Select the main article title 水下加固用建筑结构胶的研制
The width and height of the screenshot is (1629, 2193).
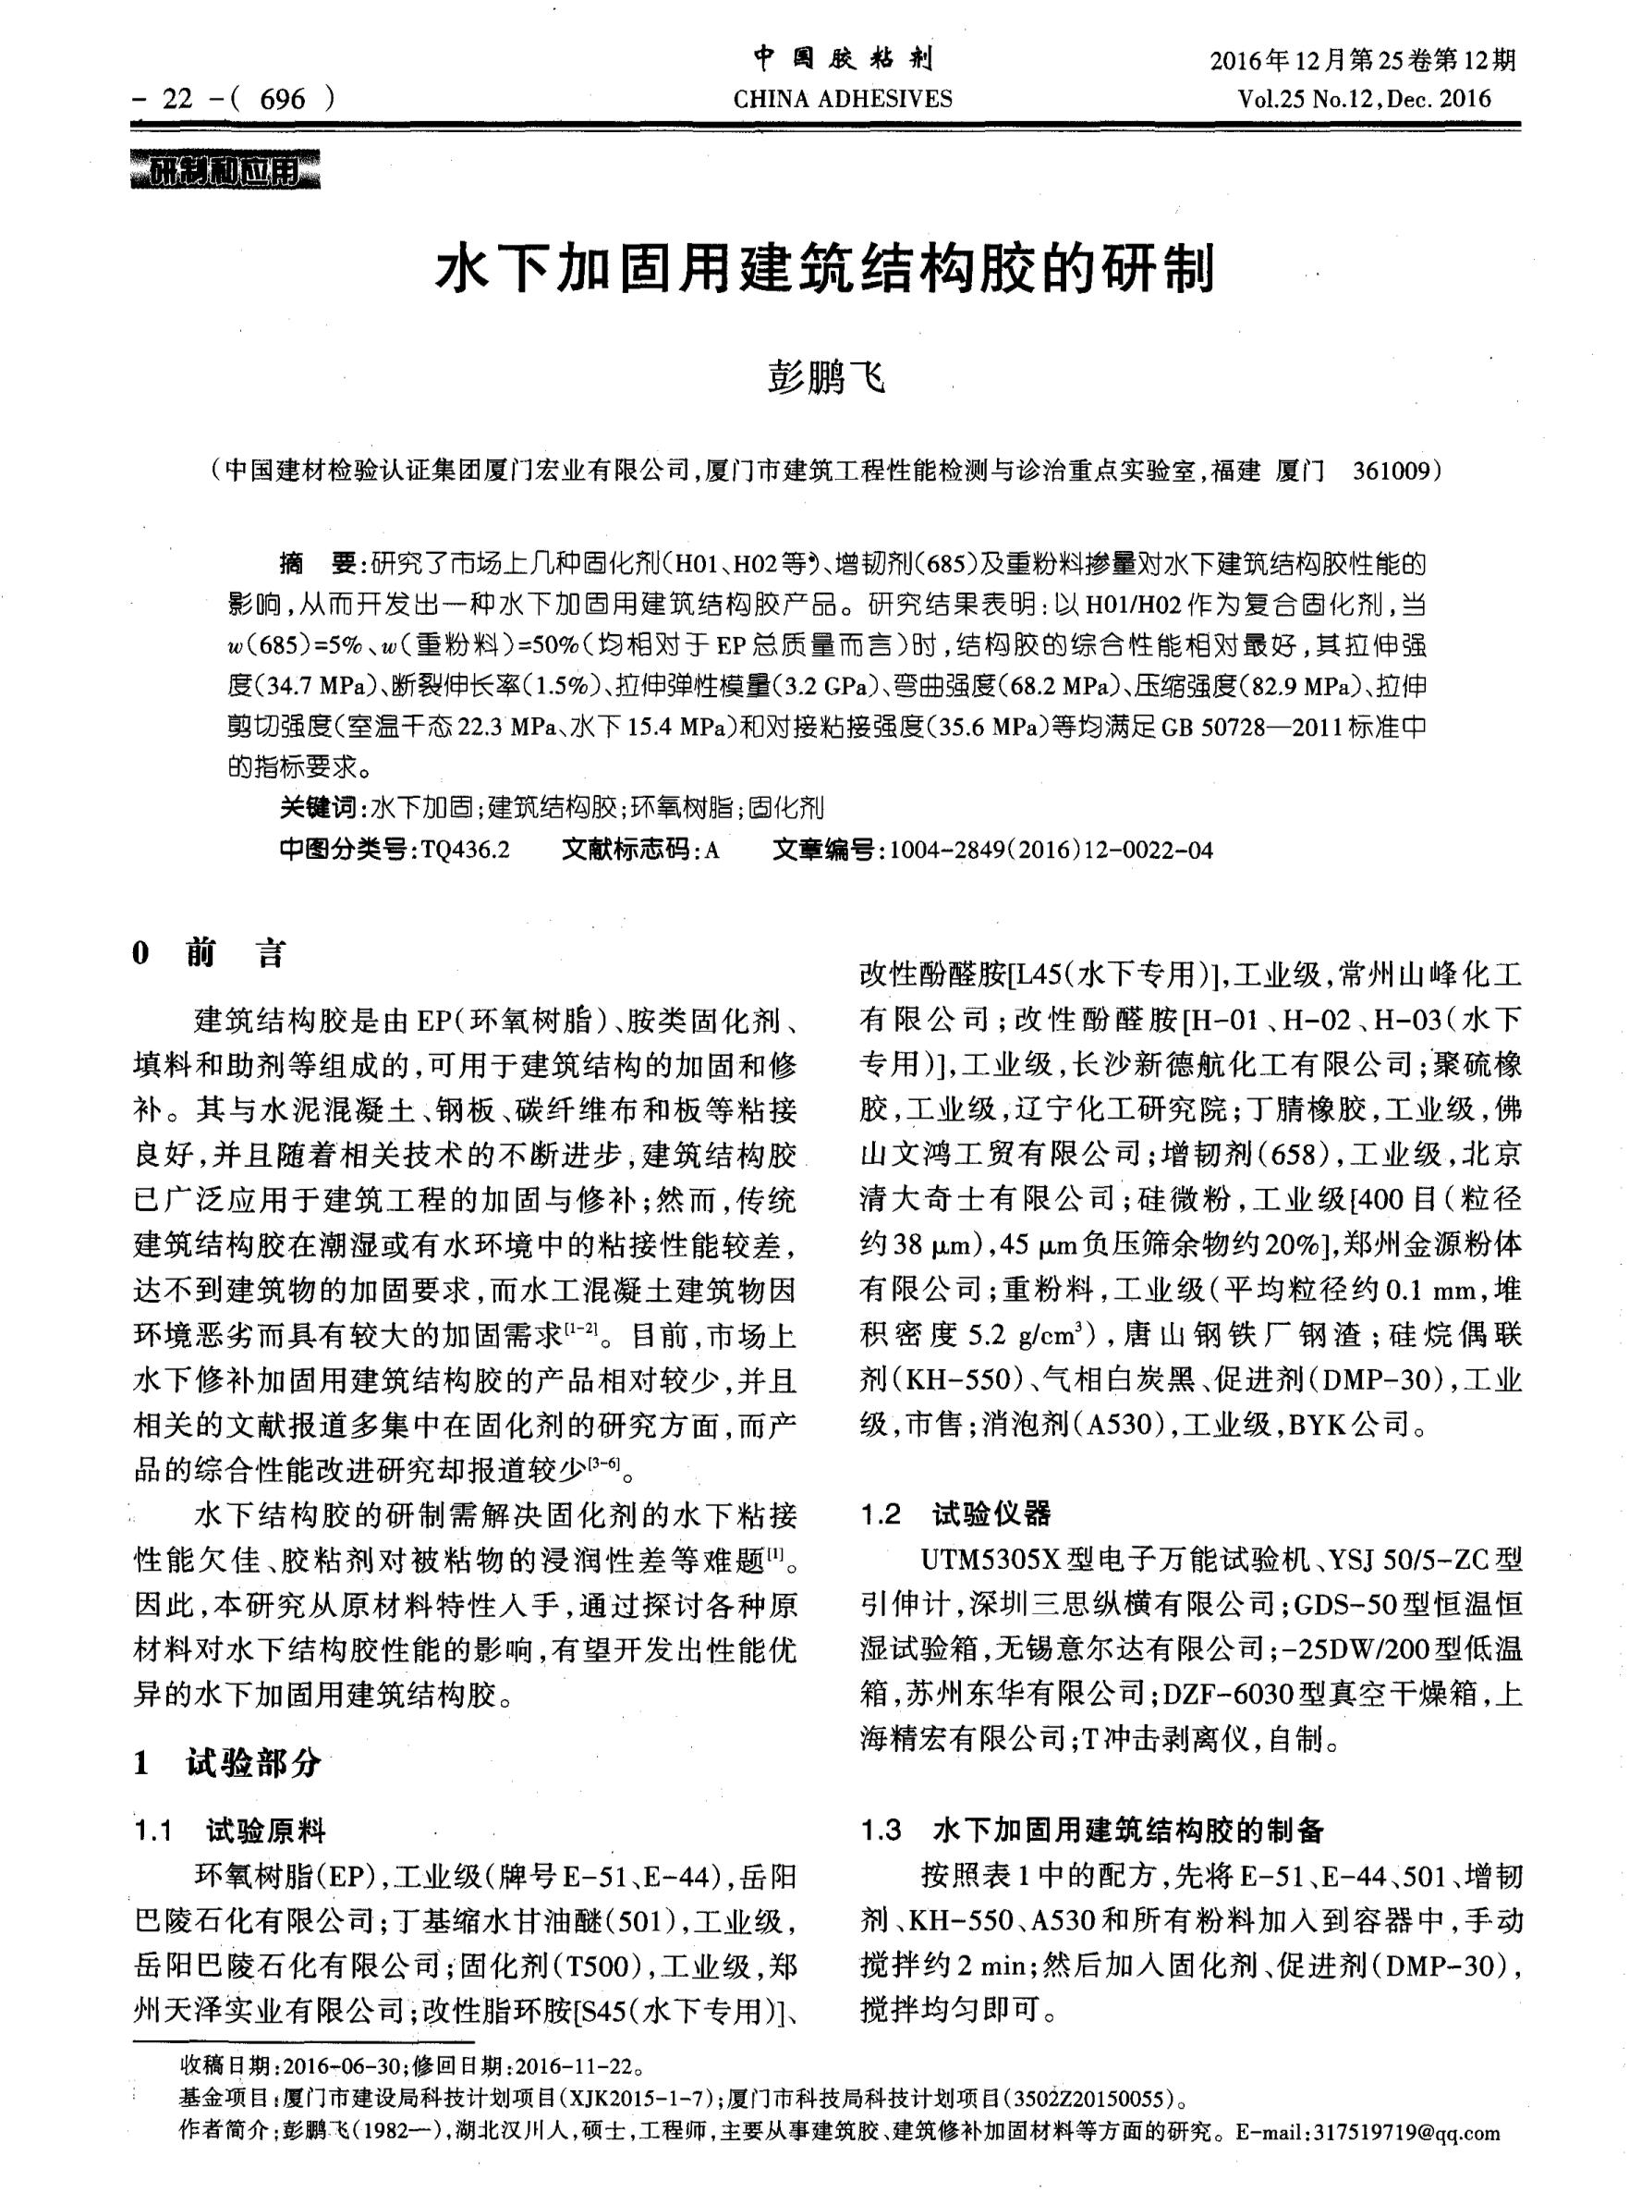pos(825,269)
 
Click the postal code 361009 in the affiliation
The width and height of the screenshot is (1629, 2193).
pos(1391,470)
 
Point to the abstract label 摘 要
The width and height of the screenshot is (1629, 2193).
pos(317,564)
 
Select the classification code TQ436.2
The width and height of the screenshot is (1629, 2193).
pos(465,850)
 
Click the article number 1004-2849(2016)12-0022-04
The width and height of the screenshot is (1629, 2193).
pos(1052,850)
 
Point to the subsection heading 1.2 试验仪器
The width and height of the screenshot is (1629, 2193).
pos(955,1513)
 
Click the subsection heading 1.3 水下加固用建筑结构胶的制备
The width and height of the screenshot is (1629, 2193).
pos(1091,1831)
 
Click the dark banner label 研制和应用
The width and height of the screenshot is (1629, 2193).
pos(225,173)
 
